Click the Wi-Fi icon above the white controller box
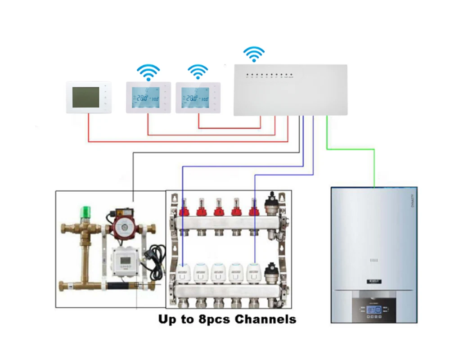click(254, 54)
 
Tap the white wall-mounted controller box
click(290, 90)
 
